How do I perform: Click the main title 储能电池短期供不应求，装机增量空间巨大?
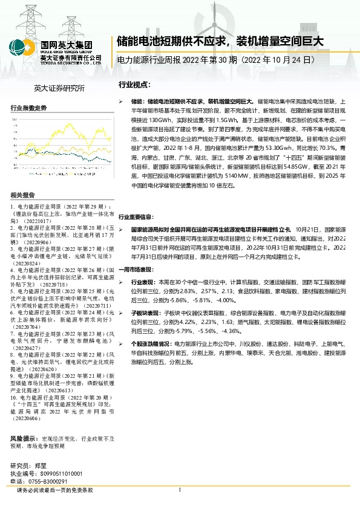220,42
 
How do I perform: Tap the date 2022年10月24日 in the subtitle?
281,61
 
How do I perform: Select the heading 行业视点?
134,86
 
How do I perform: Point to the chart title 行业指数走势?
28,108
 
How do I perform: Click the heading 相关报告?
23,195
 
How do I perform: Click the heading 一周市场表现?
136,268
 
